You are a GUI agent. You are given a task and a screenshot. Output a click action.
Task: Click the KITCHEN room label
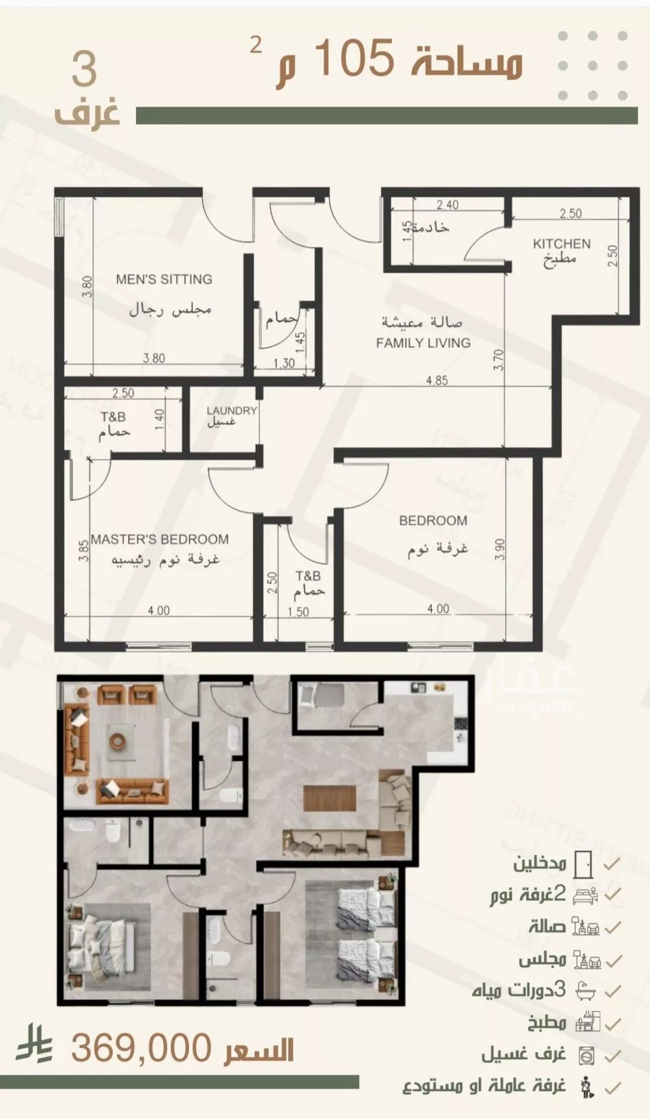562,244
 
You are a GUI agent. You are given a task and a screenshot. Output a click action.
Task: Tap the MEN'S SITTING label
164,279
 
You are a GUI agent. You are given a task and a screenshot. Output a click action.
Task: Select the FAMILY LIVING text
423,342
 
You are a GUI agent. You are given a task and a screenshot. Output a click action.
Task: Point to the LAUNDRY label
231,410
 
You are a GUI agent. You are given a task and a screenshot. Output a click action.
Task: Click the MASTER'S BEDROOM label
159,539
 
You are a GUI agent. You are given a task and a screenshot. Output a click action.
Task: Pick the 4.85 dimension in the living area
437,380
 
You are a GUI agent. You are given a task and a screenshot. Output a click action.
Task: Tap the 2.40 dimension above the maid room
447,205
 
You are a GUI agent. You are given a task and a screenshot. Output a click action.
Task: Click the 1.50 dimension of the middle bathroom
298,611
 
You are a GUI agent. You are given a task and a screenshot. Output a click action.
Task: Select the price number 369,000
141,1048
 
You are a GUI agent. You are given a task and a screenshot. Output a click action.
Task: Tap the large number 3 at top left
84,70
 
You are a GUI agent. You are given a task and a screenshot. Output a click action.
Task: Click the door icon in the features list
584,864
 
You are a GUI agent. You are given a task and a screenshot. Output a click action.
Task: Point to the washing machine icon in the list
586,1055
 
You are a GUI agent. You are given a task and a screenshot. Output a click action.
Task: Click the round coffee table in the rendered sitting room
118,740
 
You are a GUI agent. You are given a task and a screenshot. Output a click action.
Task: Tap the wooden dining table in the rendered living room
331,799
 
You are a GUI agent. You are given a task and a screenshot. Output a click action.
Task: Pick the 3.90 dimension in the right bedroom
499,550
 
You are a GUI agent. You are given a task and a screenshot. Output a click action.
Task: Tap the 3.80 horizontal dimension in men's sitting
154,357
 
